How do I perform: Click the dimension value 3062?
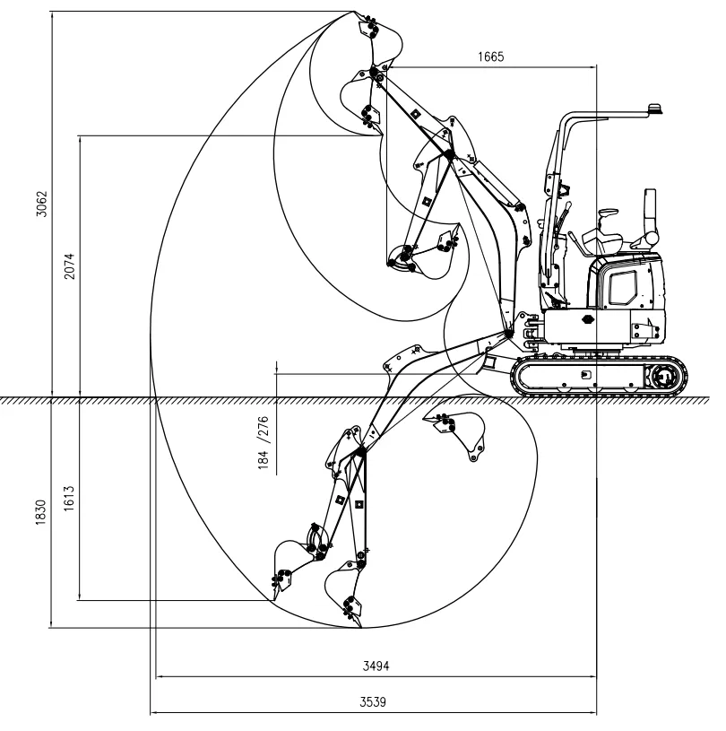pos(42,204)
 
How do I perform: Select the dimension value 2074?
pos(69,265)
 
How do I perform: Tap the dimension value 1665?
pos(490,57)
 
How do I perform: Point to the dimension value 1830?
pos(41,512)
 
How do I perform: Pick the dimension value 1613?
pos(69,498)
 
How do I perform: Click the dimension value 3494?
pos(376,666)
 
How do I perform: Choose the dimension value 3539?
pos(373,701)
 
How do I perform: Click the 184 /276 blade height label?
pos(264,442)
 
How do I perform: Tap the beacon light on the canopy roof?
pos(655,109)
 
